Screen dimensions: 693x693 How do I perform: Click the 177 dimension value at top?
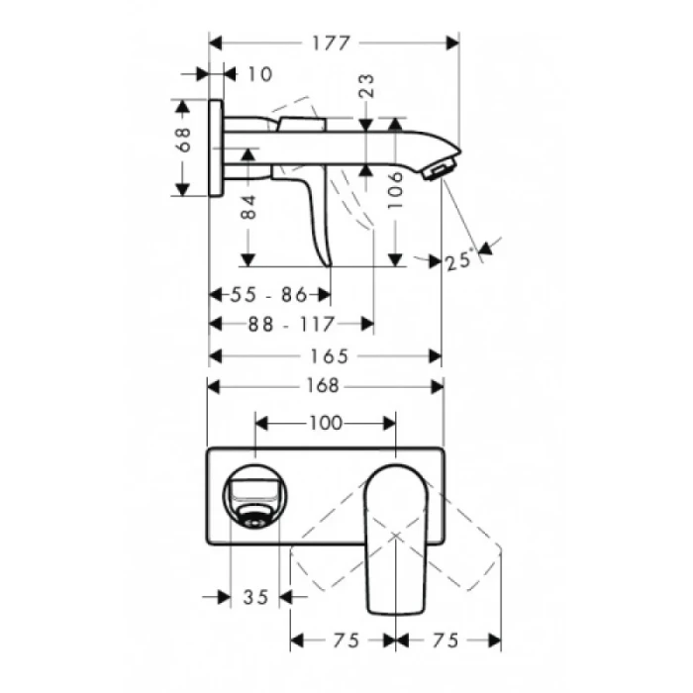pyautogui.click(x=334, y=43)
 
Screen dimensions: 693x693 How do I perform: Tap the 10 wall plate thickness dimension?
pyautogui.click(x=258, y=74)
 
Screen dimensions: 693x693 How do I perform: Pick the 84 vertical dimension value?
pyautogui.click(x=248, y=205)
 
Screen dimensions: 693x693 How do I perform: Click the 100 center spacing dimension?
pyautogui.click(x=326, y=423)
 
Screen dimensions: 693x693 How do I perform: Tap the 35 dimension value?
pyautogui.click(x=255, y=596)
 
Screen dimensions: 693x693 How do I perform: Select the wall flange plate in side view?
pyautogui.click(x=215, y=148)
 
